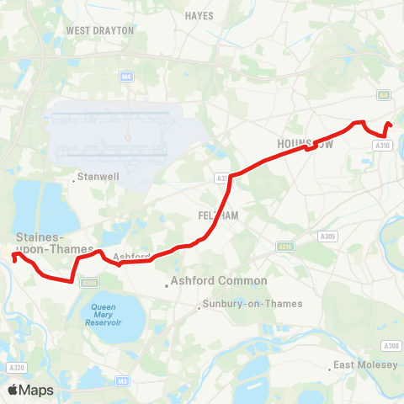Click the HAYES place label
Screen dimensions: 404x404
coord(199,15)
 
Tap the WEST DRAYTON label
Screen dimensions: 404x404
coord(100,30)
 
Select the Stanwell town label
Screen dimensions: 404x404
coord(98,178)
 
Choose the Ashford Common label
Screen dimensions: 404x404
coord(219,281)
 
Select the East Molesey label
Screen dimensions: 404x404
coord(365,365)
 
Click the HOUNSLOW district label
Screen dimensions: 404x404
coord(306,144)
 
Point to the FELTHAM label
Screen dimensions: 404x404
coord(218,215)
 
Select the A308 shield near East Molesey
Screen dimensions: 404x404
coord(391,346)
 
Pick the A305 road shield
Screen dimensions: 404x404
coord(328,237)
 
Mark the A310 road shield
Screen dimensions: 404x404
coord(382,146)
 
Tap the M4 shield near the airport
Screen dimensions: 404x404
coord(126,77)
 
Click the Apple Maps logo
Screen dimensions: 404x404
coord(29,390)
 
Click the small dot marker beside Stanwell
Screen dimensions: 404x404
coord(73,178)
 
